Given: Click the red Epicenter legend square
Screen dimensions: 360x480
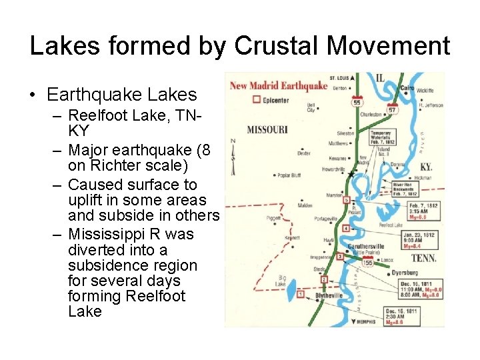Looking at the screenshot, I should [x=256, y=99].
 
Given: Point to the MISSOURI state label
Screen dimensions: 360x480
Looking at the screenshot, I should [x=267, y=129].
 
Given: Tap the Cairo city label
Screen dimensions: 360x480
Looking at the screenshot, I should [x=407, y=87].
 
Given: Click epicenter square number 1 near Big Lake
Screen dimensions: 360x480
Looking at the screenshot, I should [x=301, y=293].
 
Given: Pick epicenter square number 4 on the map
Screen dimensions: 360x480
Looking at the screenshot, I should [x=345, y=229].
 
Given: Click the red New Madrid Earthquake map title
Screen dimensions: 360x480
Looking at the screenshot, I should [x=279, y=85].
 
